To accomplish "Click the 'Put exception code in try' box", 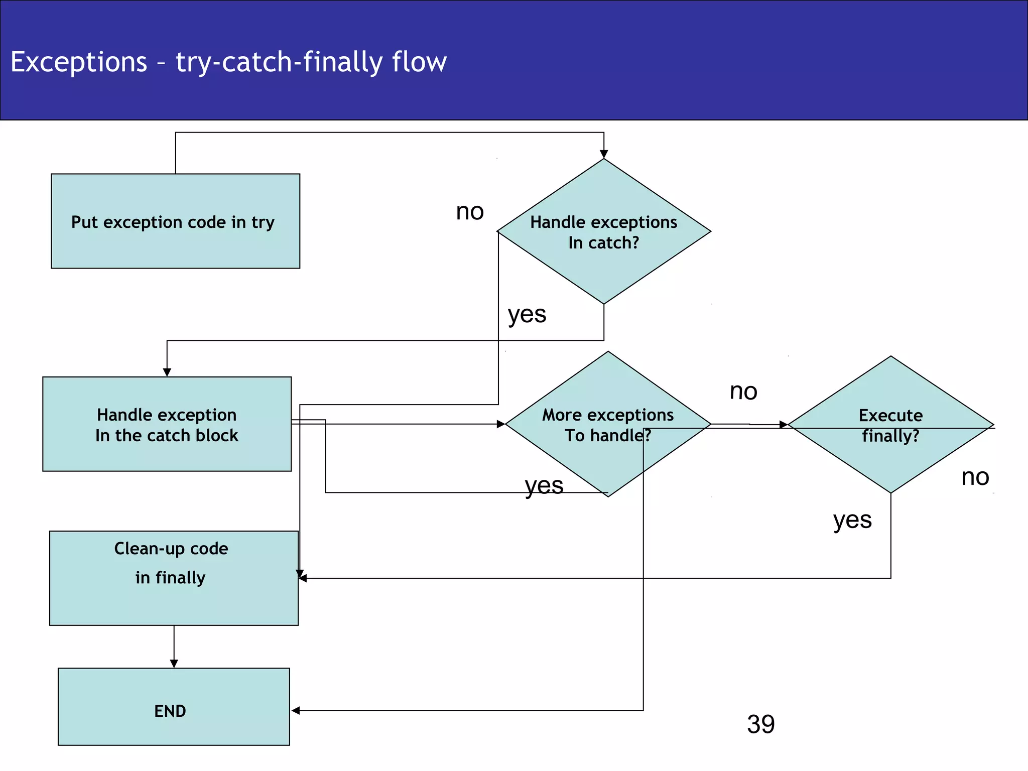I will (x=175, y=221).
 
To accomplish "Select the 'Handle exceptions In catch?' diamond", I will (x=603, y=231).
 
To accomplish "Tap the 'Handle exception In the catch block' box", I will (x=167, y=424).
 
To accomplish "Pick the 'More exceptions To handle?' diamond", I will (x=608, y=424).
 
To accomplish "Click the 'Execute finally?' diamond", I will (x=890, y=425).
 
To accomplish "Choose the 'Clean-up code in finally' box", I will (x=174, y=578).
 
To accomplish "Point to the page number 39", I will (x=760, y=724).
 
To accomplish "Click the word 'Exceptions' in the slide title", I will (x=79, y=62).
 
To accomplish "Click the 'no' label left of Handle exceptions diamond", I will (x=470, y=212).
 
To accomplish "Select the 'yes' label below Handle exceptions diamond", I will (x=527, y=315).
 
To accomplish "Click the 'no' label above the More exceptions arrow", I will (x=743, y=392).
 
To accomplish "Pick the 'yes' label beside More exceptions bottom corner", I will (x=544, y=486).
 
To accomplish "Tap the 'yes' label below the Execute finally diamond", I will (x=852, y=521).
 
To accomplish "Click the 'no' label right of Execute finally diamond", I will (x=975, y=477).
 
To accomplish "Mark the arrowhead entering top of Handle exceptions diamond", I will (x=604, y=154).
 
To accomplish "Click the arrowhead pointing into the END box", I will (x=296, y=710).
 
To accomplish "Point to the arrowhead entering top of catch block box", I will (x=167, y=372).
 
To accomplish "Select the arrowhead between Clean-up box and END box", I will (x=174, y=664).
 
